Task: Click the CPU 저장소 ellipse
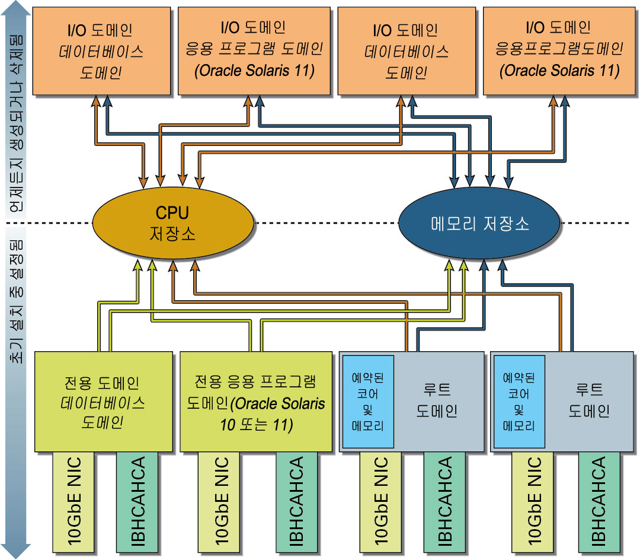coord(172,223)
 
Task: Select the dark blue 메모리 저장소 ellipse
coord(479,223)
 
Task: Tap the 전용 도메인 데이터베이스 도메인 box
coord(103,402)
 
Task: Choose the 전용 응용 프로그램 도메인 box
coord(256,402)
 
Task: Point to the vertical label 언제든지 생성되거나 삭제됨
coord(17,123)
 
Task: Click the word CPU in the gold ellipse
coord(172,213)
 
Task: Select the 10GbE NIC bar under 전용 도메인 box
coord(73,502)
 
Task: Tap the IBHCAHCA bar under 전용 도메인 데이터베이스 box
coord(137,502)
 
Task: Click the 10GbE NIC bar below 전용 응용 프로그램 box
coord(219,502)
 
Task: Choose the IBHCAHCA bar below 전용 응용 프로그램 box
coord(297,502)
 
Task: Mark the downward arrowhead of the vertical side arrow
coord(16,552)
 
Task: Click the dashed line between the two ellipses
coord(326,223)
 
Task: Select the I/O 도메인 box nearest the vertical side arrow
coord(101,51)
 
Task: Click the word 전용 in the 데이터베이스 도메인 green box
coord(76,383)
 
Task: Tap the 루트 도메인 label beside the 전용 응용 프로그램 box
coord(437,400)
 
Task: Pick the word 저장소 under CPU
coord(172,234)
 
